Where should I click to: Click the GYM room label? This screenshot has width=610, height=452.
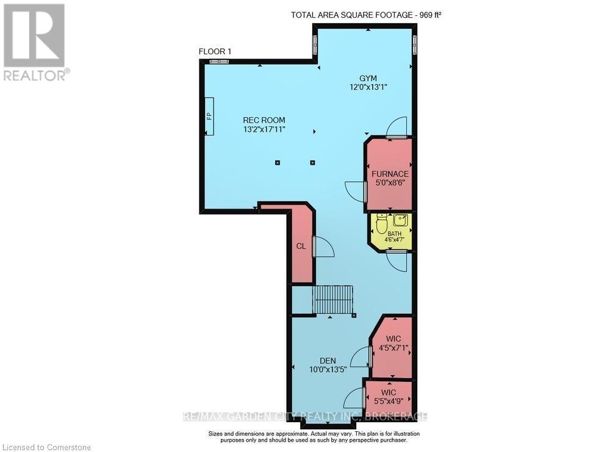[368, 78]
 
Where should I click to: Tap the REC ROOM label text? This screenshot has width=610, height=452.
[264, 120]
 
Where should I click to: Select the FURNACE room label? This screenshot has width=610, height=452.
[390, 174]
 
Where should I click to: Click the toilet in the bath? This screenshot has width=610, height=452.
[381, 223]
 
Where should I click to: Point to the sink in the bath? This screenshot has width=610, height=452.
[400, 220]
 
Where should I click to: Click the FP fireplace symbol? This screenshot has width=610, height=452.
[210, 116]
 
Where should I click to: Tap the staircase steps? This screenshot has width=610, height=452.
[333, 300]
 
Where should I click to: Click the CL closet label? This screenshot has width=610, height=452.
[301, 246]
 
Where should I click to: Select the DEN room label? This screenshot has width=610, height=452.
[328, 361]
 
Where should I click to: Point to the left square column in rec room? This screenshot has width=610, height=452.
[278, 163]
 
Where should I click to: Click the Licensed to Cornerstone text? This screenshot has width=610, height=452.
[46, 448]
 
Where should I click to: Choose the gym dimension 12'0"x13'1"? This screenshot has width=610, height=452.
[368, 87]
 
